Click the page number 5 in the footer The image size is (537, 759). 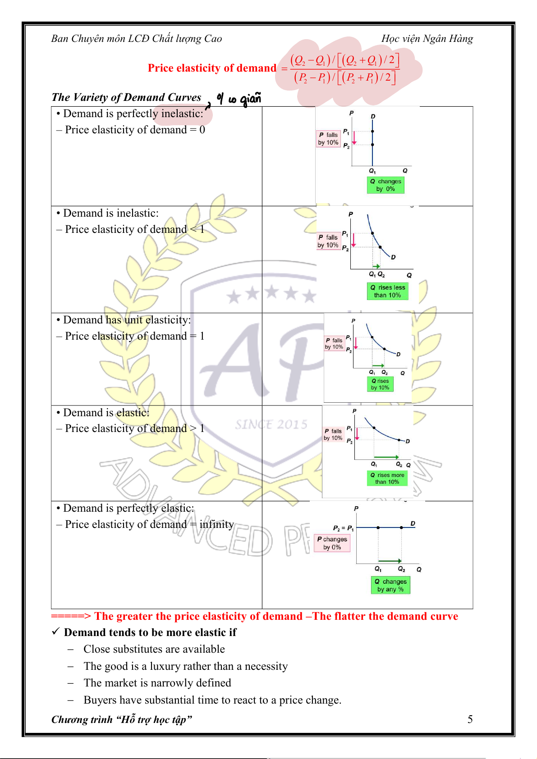point(470,719)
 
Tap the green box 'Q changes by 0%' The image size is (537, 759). point(386,185)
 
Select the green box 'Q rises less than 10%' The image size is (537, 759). point(387,291)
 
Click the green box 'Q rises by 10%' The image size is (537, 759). point(380,384)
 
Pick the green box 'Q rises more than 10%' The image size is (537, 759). point(387,478)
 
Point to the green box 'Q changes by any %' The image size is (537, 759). point(390,585)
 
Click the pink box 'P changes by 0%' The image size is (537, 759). point(332,543)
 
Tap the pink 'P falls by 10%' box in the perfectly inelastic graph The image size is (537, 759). point(328,139)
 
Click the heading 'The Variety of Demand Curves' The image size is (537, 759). point(126,97)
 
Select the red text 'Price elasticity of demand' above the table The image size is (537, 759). point(212,68)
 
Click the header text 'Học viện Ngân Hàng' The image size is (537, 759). point(427,39)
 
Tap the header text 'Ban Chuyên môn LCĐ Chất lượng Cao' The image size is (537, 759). point(137,39)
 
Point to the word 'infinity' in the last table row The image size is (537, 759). point(216,524)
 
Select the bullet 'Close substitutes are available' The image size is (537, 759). point(154,649)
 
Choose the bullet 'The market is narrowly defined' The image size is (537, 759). point(157,683)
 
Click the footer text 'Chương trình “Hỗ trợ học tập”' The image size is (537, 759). point(122,719)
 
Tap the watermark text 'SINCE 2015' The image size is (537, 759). point(271,424)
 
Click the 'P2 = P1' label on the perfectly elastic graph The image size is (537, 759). point(343,528)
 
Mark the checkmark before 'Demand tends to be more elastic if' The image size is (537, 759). point(55,632)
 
